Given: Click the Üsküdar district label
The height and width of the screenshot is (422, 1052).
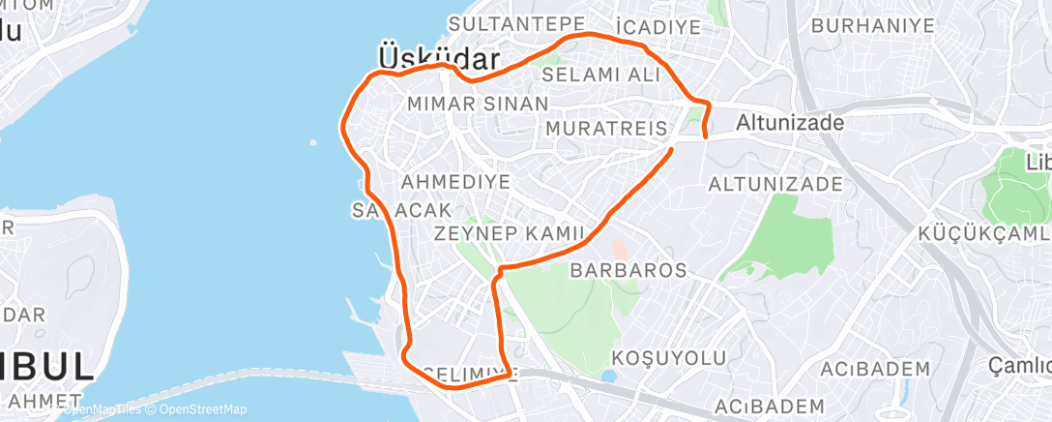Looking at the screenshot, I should (424, 55).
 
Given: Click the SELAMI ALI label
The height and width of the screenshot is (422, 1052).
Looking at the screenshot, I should (600, 75).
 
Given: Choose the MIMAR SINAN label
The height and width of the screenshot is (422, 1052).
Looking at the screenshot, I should (478, 103).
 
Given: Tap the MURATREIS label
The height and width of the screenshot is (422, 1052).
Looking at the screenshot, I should (606, 129).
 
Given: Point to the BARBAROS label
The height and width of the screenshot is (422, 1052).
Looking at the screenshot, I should (628, 270).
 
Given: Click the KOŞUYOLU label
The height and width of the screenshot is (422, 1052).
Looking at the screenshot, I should (669, 358).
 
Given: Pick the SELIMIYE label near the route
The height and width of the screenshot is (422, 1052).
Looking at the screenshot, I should (471, 373).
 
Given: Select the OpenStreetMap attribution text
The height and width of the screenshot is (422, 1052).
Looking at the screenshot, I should (198, 409).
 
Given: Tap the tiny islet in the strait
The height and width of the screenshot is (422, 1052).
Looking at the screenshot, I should (314, 143).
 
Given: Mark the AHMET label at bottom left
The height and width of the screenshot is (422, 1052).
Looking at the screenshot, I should (41, 400).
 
